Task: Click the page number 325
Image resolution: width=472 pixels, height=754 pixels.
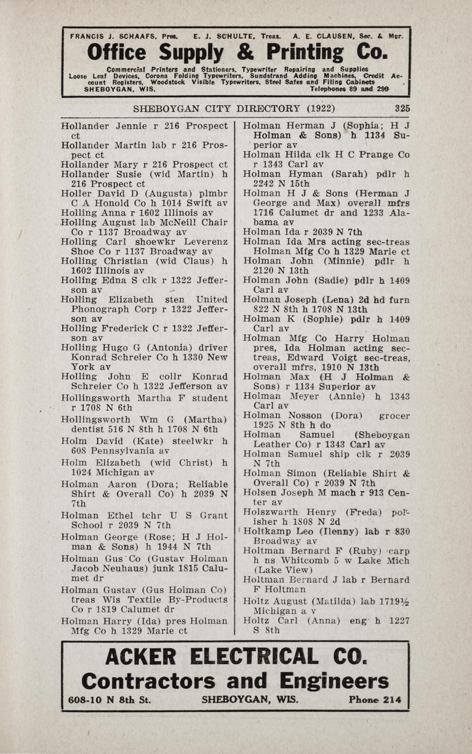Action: click(402, 108)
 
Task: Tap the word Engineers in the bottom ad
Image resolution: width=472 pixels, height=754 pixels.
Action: click(334, 681)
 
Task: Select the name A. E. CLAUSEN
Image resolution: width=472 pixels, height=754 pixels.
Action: click(319, 36)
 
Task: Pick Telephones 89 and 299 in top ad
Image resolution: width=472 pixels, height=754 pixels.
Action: click(349, 89)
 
